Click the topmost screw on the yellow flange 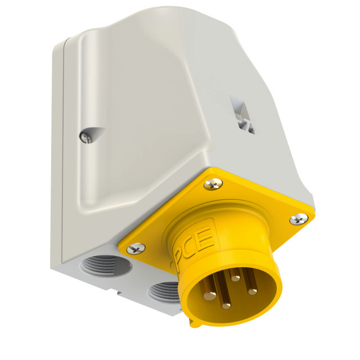[213, 184]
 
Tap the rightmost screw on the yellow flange [299, 219]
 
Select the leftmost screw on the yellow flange [136, 249]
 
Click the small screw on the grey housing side [85, 137]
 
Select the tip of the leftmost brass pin [210, 296]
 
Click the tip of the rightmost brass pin [253, 291]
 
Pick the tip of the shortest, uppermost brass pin [235, 278]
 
